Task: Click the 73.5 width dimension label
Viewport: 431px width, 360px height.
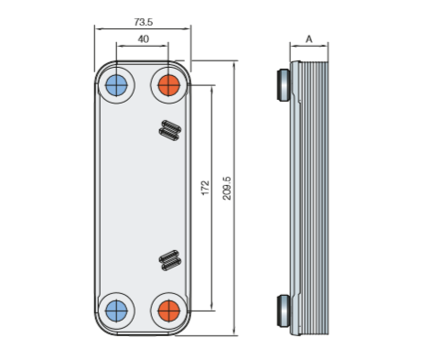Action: click(144, 22)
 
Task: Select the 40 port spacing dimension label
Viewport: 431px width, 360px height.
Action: click(144, 39)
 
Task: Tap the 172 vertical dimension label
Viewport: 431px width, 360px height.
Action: click(206, 188)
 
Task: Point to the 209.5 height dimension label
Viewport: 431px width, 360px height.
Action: click(227, 189)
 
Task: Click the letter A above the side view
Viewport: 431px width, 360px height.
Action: click(309, 39)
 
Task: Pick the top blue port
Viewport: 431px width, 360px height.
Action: click(116, 85)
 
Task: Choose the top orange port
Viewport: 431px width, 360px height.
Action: click(169, 85)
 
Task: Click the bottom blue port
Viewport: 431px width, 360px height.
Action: click(116, 311)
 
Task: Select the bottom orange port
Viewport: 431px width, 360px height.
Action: click(169, 311)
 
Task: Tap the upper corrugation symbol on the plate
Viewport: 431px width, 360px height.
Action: click(170, 130)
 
